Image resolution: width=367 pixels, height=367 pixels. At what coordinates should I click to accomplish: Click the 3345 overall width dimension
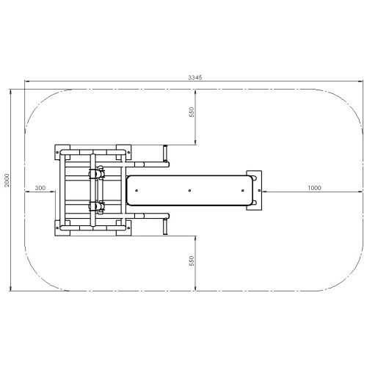click(x=195, y=78)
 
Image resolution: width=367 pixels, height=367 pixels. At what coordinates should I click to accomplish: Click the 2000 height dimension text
click(x=7, y=180)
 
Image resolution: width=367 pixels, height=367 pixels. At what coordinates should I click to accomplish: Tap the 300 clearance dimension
click(x=40, y=188)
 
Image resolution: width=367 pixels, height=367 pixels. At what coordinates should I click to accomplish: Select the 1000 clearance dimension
click(x=314, y=188)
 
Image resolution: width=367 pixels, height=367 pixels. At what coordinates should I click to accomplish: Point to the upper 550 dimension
click(x=192, y=112)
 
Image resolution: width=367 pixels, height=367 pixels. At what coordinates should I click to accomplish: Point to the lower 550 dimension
click(x=192, y=261)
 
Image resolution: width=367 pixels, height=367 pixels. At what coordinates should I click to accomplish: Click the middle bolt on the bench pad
click(x=189, y=190)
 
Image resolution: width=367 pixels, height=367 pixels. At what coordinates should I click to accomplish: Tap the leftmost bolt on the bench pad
click(x=137, y=190)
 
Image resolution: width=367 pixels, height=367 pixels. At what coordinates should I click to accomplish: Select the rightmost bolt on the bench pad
click(x=242, y=190)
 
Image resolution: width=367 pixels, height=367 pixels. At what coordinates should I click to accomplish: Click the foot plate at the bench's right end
click(x=254, y=190)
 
